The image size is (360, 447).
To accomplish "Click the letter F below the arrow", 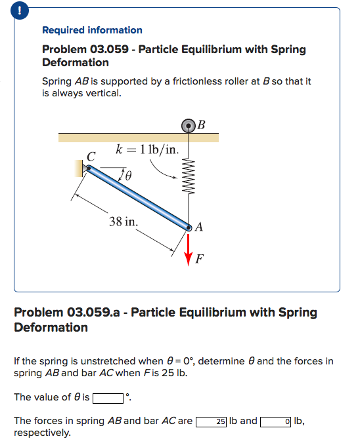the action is tap(199, 259).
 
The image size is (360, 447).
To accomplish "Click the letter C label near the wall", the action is tap(91, 156).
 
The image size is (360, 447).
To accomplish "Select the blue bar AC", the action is tap(138, 197).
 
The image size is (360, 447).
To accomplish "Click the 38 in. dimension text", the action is tap(124, 221).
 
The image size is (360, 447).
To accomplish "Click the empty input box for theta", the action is tap(108, 398).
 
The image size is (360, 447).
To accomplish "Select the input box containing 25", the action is tap(212, 421).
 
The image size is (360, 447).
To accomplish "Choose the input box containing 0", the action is tap(276, 421).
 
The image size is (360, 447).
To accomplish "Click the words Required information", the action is tap(92, 30).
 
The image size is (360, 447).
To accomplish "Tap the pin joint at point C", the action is tap(88, 168).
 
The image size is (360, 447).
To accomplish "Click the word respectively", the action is tap(42, 433).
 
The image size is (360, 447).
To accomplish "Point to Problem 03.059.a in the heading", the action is tap(70, 313).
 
